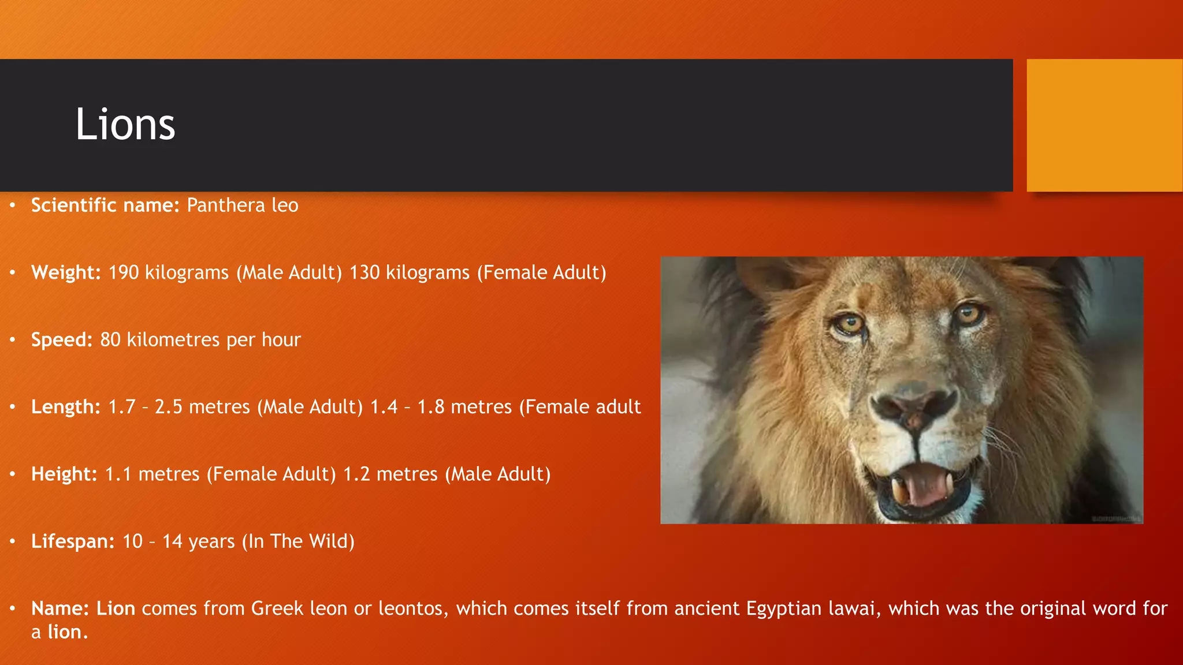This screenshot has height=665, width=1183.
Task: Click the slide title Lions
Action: (125, 124)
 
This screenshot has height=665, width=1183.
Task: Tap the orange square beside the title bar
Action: (1104, 125)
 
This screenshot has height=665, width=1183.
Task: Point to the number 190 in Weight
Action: (124, 272)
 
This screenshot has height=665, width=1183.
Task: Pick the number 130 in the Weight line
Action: (364, 272)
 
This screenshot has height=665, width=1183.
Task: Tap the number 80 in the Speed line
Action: (110, 340)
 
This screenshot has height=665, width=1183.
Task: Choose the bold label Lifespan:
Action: (73, 541)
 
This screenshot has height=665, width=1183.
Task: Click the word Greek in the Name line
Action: (277, 609)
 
